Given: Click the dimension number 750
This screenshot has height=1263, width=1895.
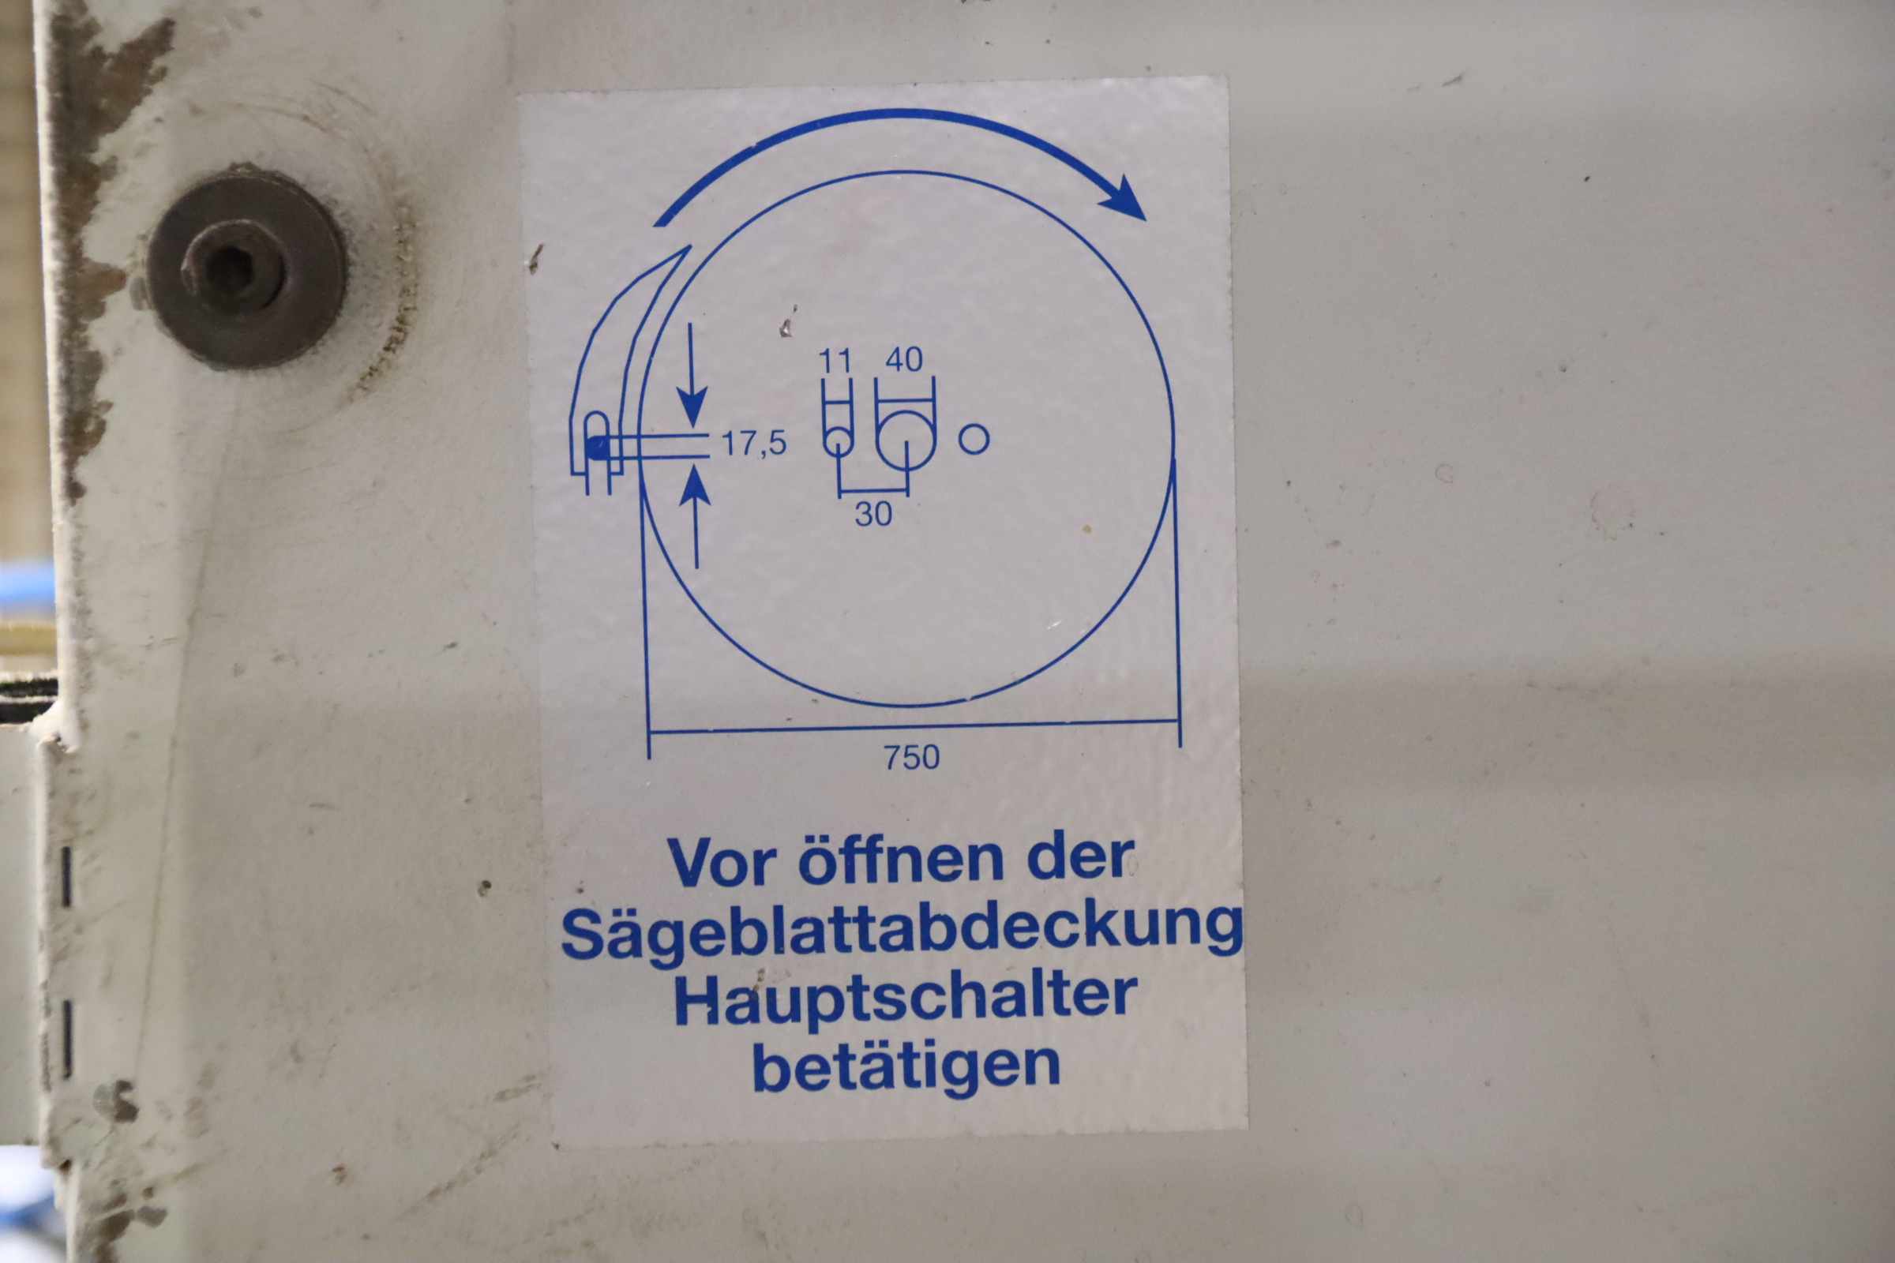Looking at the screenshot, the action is tap(912, 757).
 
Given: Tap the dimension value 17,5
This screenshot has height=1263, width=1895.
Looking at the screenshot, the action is tap(753, 443).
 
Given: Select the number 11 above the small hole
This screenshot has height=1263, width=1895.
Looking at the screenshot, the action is tap(835, 361).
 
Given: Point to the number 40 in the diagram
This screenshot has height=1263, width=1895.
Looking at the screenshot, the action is tap(904, 360).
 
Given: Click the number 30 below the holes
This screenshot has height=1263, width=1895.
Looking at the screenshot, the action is tap(873, 514).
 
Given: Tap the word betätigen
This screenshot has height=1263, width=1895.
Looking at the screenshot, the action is tap(906, 1066).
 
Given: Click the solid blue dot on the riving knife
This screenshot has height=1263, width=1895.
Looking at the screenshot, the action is tap(597, 447).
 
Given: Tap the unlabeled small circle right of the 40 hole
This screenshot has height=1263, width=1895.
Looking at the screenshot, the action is tap(974, 439).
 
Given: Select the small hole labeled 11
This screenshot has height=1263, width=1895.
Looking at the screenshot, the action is tap(838, 441).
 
